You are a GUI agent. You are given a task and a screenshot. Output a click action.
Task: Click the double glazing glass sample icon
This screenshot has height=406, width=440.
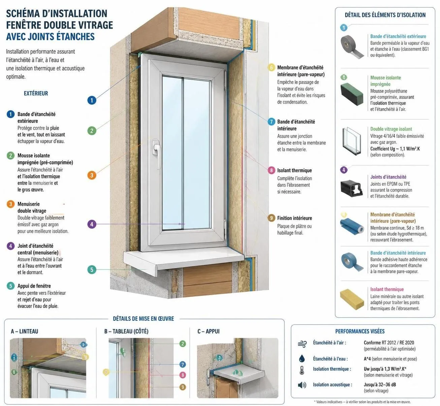[x=352, y=141]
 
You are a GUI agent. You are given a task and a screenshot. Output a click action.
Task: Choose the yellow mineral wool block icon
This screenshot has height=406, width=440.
[x=352, y=299]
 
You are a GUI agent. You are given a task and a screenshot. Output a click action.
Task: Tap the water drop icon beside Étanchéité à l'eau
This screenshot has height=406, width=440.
[x=302, y=358]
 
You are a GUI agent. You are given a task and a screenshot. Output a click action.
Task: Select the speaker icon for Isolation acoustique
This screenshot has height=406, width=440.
[x=302, y=385]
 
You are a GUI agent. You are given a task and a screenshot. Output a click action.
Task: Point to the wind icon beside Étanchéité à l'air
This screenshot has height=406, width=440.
[x=302, y=344]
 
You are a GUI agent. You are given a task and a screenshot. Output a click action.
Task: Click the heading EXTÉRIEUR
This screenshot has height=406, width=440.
[x=36, y=93]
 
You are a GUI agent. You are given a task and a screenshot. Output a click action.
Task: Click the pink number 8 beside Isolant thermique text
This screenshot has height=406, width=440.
[x=272, y=170]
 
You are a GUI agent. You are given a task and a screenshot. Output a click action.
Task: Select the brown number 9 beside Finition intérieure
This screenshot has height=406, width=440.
[x=272, y=218]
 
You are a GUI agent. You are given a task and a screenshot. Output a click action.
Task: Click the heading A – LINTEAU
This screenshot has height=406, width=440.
[x=25, y=331]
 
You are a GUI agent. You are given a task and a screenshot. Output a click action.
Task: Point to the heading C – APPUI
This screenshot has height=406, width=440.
[x=209, y=331]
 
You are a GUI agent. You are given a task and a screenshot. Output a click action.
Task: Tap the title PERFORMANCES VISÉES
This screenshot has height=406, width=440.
[x=360, y=331]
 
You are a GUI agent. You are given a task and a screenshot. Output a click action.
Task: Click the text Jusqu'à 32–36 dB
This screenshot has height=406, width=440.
[x=380, y=384]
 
